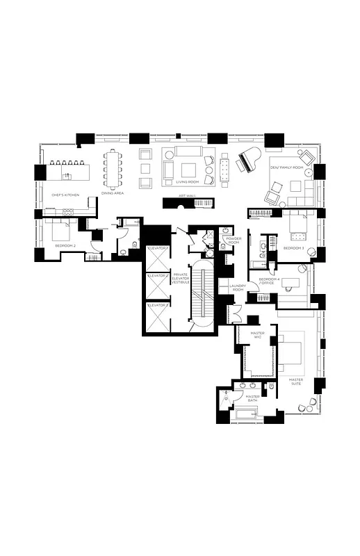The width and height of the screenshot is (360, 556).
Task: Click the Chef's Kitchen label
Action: coord(65,195)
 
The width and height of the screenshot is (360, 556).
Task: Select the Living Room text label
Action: coord(188,182)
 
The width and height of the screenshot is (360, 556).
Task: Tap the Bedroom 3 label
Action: coord(293,248)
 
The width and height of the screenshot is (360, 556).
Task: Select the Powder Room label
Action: coord(234,241)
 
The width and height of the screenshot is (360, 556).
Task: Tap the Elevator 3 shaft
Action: coord(158,316)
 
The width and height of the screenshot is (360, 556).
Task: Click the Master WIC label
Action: coord(258,336)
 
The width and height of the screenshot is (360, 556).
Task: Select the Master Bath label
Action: coord(252,399)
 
